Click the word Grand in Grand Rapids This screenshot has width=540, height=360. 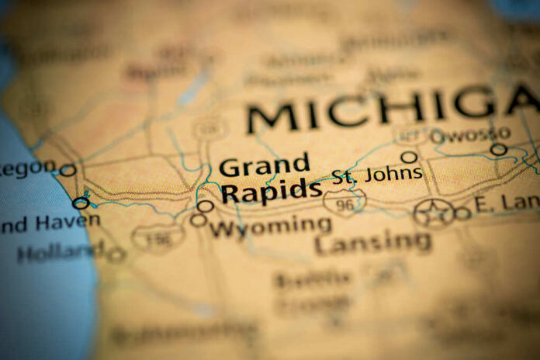(264, 166)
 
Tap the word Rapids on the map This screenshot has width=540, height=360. (271, 190)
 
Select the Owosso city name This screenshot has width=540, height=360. (470, 135)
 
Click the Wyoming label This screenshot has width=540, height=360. (269, 227)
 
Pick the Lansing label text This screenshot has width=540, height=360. (373, 242)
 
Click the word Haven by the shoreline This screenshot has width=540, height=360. (66, 222)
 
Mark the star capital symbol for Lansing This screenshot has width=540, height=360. (434, 212)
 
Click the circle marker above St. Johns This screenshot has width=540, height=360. (409, 157)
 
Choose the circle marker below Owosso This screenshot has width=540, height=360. (498, 150)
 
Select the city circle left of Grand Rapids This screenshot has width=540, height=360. (206, 206)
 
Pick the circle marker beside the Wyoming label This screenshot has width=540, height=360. (199, 220)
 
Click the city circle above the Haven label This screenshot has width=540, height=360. (81, 203)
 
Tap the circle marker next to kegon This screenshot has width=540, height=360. (68, 170)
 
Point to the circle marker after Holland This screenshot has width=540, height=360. (116, 254)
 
